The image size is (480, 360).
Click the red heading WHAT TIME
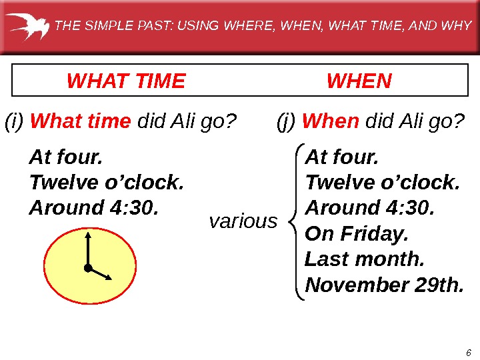tap(126, 81)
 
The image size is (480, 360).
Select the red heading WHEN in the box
tap(359, 81)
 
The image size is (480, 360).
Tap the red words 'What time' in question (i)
tap(81, 122)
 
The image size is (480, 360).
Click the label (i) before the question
tap(15, 122)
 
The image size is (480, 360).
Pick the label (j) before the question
tap(287, 122)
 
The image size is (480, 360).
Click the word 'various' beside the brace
tap(243, 221)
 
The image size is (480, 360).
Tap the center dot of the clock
tap(87, 268)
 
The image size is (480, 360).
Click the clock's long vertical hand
tap(87, 250)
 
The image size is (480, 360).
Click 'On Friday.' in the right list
tap(356, 235)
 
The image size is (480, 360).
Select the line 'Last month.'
tap(364, 260)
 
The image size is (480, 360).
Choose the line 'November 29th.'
tap(384, 285)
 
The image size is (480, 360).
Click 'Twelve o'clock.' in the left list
tap(106, 183)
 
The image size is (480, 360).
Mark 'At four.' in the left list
tap(66, 158)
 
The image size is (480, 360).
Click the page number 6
tap(469, 353)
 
